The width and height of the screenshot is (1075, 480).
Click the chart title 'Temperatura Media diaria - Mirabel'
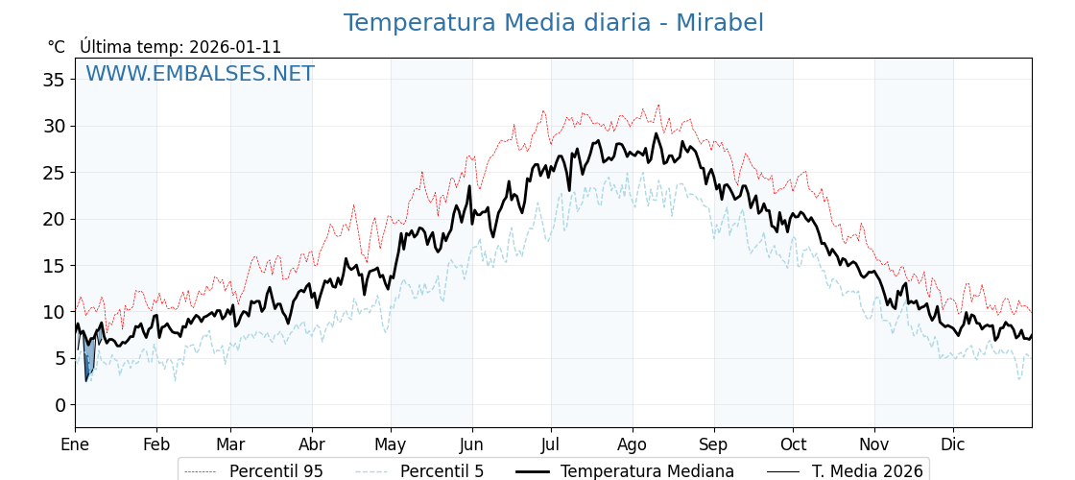tap(553, 23)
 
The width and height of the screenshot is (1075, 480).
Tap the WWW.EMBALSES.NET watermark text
tap(200, 74)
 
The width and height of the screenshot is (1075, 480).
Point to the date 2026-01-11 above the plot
tap(235, 47)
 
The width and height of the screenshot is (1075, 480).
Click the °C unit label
tap(57, 47)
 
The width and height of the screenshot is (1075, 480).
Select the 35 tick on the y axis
tap(54, 80)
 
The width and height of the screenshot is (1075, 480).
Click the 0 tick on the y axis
tap(60, 405)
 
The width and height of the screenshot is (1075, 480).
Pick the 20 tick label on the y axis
tap(54, 219)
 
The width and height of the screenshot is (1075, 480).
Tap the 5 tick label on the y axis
tap(60, 358)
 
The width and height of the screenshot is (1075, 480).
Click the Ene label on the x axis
tap(75, 444)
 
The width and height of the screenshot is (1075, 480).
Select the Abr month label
tap(312, 444)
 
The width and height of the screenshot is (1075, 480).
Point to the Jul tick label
tap(551, 444)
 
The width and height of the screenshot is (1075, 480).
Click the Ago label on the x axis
tap(632, 444)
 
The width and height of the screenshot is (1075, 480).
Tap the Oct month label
tap(793, 444)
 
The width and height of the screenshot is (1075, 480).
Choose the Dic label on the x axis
tap(953, 444)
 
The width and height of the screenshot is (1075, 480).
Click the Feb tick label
tap(156, 444)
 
